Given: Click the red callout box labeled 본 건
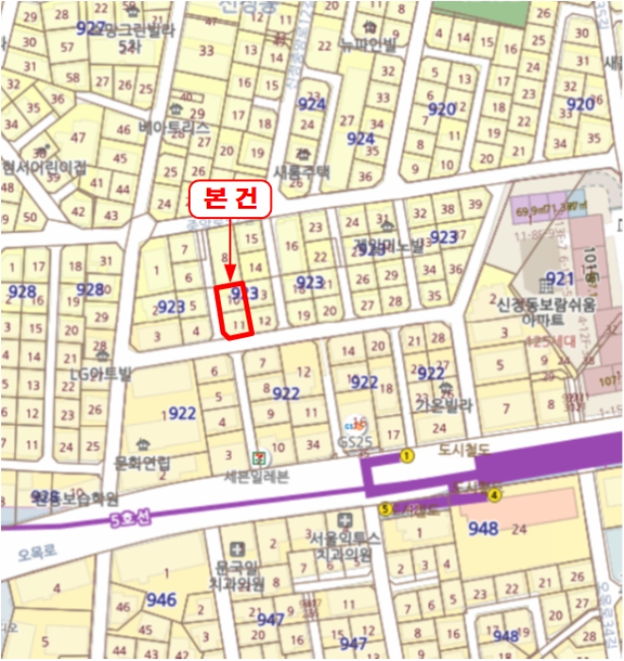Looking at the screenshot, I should click(x=230, y=199).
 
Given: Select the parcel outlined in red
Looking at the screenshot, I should click(x=233, y=310).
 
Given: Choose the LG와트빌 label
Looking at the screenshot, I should click(x=97, y=372).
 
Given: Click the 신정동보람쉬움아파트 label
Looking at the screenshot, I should click(x=548, y=312).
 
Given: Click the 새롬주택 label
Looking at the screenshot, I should click(x=302, y=171).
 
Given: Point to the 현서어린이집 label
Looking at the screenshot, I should click(x=42, y=166).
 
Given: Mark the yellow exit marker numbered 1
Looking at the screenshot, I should click(x=408, y=456).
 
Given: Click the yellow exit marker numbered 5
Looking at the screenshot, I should click(x=385, y=509).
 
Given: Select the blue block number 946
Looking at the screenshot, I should click(x=161, y=599).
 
